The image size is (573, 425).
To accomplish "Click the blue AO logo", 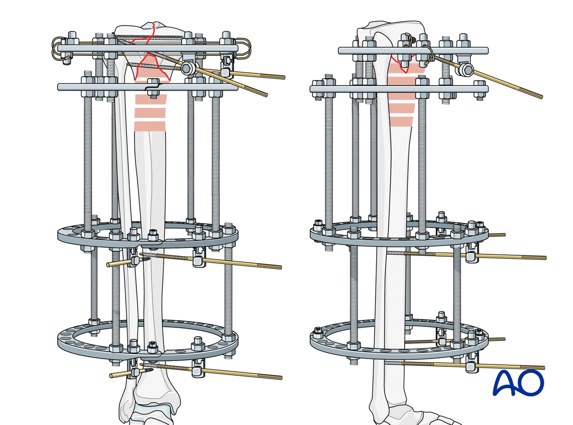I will (518, 382).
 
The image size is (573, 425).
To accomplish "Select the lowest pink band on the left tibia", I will (150, 127).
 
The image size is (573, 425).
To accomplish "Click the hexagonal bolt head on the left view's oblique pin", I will (188, 68).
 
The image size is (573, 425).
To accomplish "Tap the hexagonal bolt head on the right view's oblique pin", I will (465, 70).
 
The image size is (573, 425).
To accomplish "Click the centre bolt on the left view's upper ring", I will (153, 235).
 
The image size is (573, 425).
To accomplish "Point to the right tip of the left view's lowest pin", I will (280, 378).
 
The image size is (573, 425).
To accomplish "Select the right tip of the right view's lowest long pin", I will (543, 368).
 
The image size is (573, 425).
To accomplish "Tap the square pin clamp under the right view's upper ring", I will (470, 256).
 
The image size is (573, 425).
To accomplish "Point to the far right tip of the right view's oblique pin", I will (541, 97).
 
